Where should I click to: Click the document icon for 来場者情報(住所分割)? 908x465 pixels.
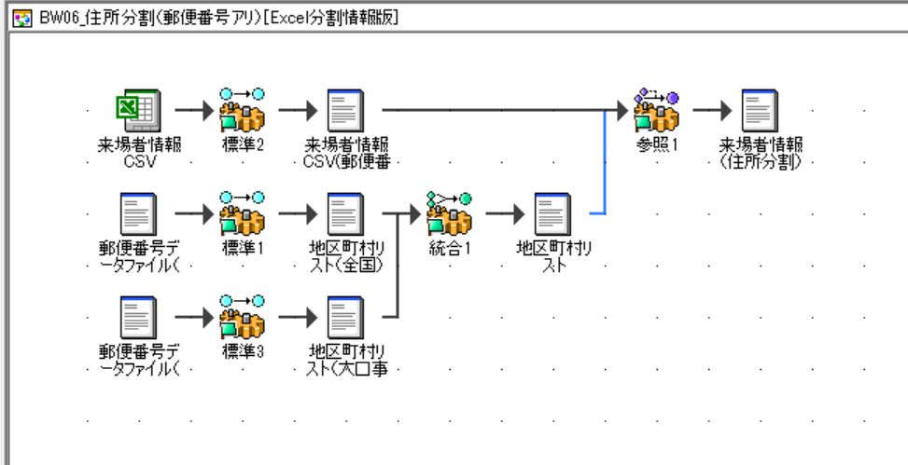click(760, 112)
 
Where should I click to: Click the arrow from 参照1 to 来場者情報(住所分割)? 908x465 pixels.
click(709, 111)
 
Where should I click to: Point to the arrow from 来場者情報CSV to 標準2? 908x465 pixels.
click(190, 111)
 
